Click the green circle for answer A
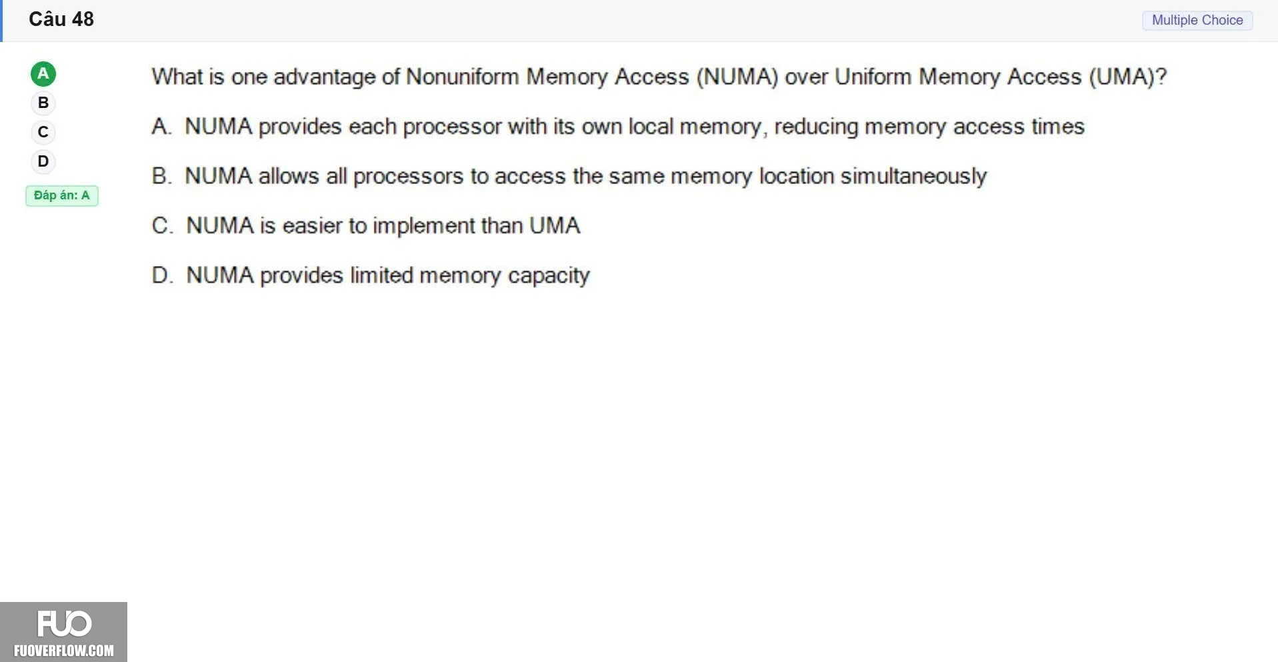tap(43, 74)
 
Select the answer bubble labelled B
tap(43, 103)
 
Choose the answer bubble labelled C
tap(43, 132)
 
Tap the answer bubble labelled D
tap(43, 161)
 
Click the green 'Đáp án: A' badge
tap(62, 195)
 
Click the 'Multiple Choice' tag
tap(1197, 20)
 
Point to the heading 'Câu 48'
tap(61, 19)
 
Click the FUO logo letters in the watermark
tap(64, 624)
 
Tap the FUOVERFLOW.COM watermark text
tap(64, 651)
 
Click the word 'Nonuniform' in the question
tap(463, 77)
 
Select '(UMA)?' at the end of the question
tap(1128, 77)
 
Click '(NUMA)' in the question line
tap(737, 77)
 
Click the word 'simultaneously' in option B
tap(913, 177)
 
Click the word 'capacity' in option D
tap(549, 276)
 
